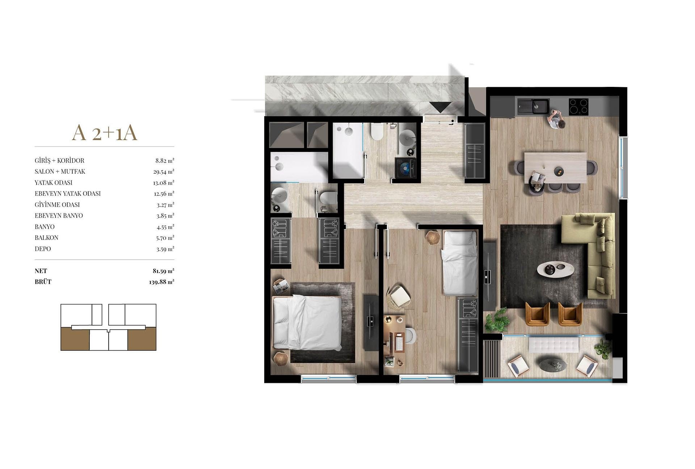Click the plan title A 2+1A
click(105, 133)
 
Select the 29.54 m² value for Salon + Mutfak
click(164, 172)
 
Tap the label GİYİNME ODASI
click(57, 204)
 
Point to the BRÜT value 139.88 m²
click(161, 282)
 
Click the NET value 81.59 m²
click(163, 271)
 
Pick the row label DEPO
click(43, 249)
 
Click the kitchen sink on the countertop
click(533, 106)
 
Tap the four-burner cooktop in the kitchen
click(578, 107)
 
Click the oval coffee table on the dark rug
click(555, 269)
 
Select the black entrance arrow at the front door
click(440, 107)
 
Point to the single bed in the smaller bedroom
click(460, 262)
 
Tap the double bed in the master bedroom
click(307, 322)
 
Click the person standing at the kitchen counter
click(556, 119)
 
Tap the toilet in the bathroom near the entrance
click(377, 131)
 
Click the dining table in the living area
click(555, 168)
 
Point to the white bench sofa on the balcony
click(553, 345)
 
